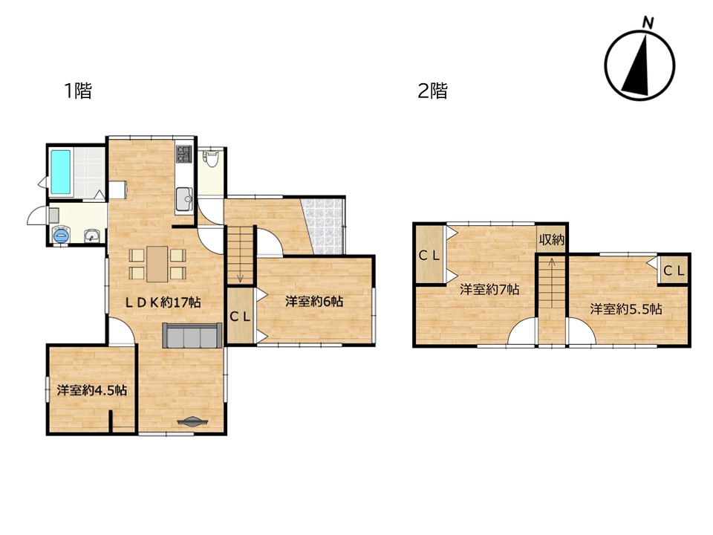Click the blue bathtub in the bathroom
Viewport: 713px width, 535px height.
click(61, 172)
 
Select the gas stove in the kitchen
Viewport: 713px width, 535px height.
click(184, 153)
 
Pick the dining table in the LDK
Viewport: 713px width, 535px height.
click(157, 264)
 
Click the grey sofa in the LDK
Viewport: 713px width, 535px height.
click(192, 336)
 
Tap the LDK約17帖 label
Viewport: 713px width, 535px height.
click(163, 302)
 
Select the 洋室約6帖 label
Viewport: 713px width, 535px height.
click(314, 301)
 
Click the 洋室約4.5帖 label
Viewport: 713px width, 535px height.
click(92, 390)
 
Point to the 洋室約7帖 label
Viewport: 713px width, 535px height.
click(489, 289)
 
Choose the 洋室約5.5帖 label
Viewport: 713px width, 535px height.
click(626, 309)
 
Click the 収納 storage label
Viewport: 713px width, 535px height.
click(552, 240)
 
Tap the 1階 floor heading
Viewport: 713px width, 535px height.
click(78, 91)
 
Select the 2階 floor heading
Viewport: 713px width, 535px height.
click(432, 91)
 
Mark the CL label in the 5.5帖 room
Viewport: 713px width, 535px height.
click(674, 271)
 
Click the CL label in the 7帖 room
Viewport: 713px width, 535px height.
click(429, 256)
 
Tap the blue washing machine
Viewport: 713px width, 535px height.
click(60, 235)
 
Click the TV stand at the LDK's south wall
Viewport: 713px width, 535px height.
click(192, 421)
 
